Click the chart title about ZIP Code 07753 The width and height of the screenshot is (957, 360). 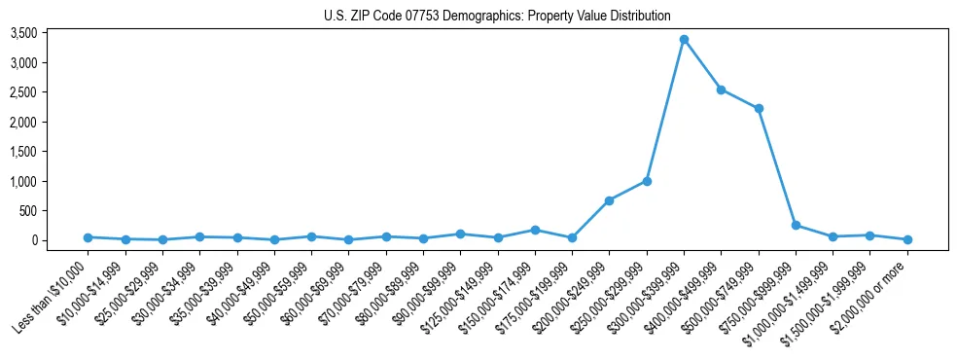(497, 16)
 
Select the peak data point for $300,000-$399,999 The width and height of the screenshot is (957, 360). (684, 40)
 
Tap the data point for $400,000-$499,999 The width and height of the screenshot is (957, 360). (721, 90)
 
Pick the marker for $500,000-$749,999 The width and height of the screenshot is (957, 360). (759, 108)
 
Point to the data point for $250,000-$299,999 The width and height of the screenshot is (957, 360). (647, 181)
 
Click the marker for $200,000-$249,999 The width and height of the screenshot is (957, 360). (609, 200)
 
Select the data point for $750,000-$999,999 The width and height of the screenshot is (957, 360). (796, 225)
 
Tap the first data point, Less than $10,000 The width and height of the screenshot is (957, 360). (88, 237)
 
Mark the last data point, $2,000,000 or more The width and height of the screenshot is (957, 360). (907, 239)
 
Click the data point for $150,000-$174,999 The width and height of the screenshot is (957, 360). (535, 230)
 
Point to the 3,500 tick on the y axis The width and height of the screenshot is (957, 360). (51, 33)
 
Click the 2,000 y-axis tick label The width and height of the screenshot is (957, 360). (51, 123)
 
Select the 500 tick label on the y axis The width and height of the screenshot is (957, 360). (55, 211)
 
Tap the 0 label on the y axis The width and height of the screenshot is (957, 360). (60, 240)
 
